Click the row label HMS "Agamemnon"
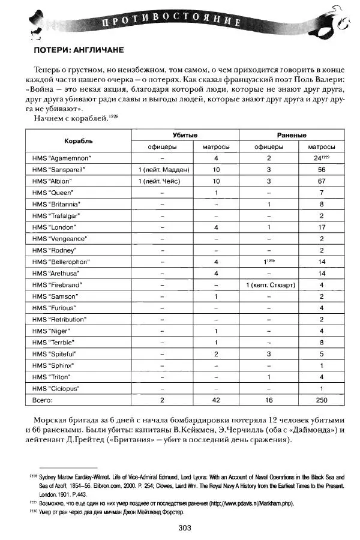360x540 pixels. click(x=58, y=158)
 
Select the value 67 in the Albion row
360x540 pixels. click(x=322, y=181)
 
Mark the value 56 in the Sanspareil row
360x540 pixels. click(x=322, y=170)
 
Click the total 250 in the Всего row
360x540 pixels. click(x=322, y=399)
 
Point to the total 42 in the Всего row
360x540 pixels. click(x=216, y=399)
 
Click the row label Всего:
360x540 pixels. click(x=43, y=399)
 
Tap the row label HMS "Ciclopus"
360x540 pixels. click(x=54, y=388)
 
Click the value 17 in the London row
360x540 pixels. click(x=322, y=227)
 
